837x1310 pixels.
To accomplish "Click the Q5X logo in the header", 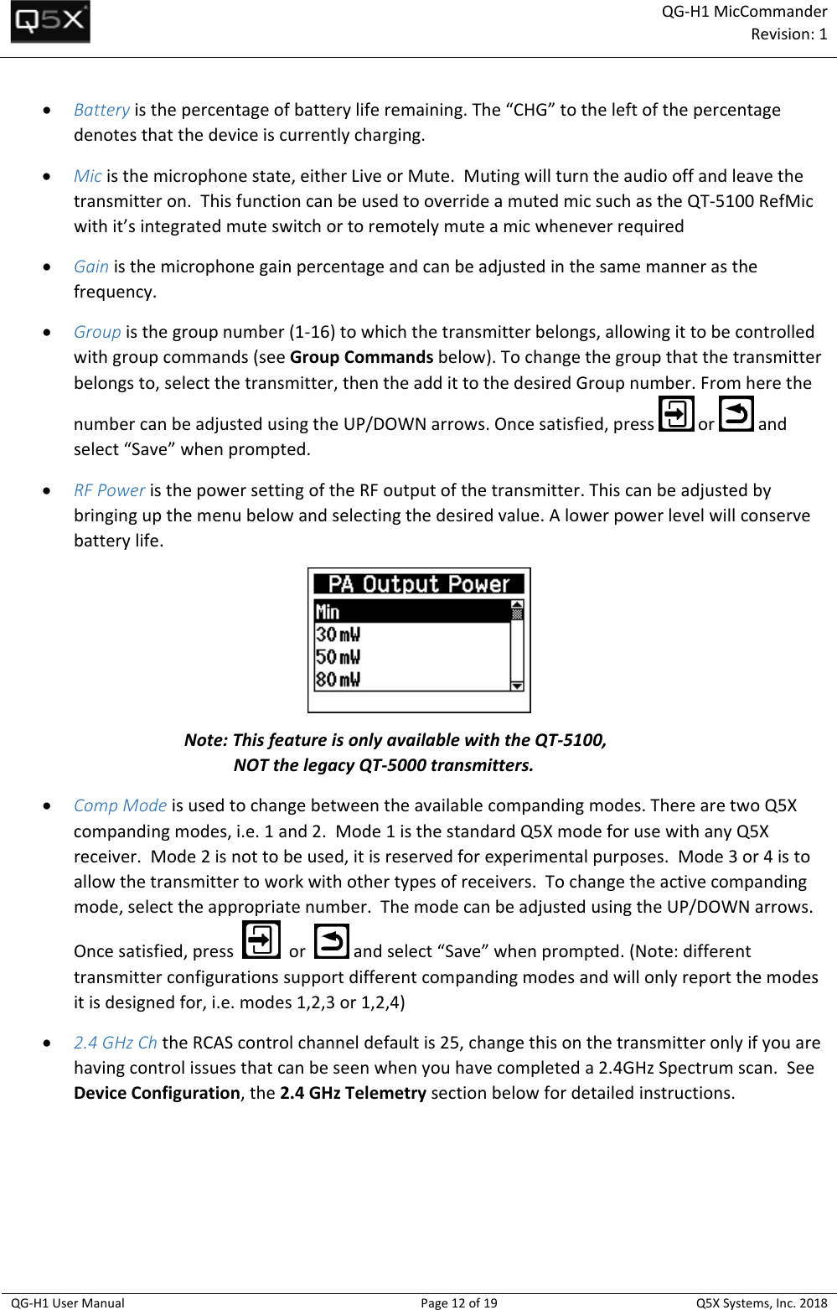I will [50, 23].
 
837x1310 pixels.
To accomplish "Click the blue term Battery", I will [101, 110].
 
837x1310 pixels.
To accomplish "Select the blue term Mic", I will [87, 176].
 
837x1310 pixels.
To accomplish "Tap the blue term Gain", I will [90, 267].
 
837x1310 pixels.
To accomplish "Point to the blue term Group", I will [96, 332].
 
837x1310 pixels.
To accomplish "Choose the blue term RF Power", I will [109, 490].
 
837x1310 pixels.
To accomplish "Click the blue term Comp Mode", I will [120, 805].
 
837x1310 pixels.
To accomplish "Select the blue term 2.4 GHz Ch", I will [115, 1043].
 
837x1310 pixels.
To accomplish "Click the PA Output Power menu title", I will [419, 584].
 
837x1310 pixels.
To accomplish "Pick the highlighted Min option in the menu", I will [411, 612].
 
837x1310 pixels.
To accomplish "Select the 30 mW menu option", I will [338, 634].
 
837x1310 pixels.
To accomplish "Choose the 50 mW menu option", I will [338, 657].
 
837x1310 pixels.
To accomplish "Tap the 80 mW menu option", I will [338, 680].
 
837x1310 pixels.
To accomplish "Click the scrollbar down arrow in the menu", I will [517, 685].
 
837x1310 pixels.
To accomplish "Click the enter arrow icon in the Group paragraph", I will [676, 414].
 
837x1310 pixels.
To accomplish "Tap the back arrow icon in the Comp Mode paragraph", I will [332, 941].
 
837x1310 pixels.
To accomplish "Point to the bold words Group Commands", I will [361, 357].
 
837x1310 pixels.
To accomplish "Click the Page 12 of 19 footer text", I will [458, 1302].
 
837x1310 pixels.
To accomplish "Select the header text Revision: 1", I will [788, 34].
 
